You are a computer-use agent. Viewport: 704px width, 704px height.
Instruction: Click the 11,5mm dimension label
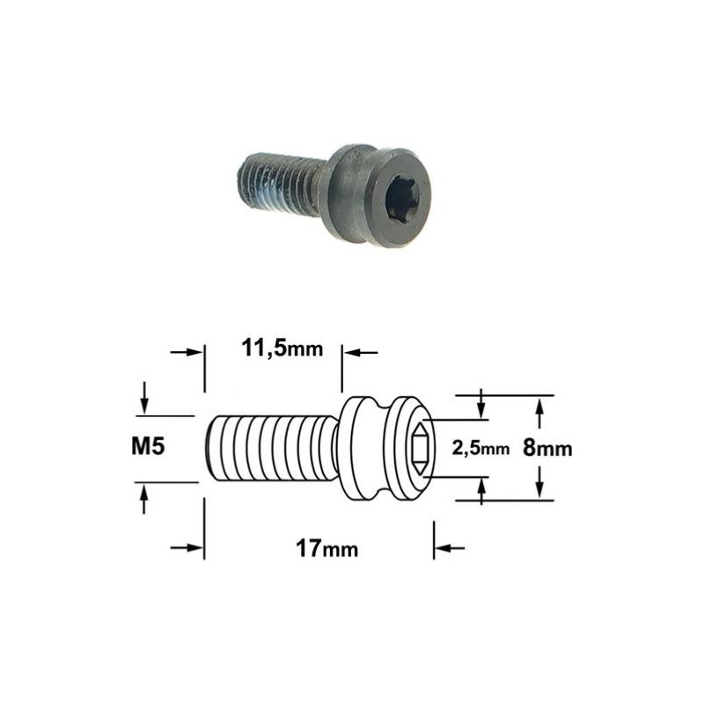coord(282,348)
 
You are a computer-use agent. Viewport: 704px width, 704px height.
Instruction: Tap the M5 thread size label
coord(148,446)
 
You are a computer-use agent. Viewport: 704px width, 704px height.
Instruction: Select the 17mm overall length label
coord(326,548)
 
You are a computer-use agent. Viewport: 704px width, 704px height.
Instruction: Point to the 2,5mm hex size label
coord(480,449)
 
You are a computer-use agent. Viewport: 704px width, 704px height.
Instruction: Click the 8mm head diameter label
coord(547,448)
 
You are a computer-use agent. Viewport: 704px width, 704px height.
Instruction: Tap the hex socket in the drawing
coord(423,449)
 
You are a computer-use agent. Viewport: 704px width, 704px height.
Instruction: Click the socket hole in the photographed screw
coord(402,199)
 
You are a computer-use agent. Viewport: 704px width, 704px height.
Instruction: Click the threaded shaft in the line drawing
coord(272,449)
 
